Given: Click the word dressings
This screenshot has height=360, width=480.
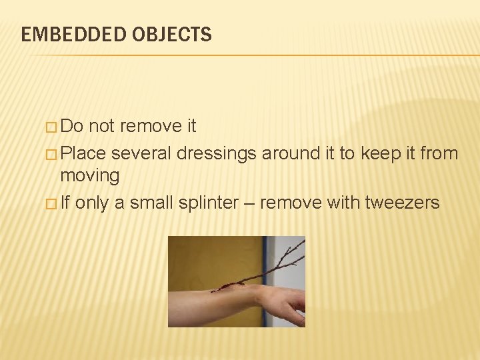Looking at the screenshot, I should tap(217, 154).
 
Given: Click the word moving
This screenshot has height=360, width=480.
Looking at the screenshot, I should tap(90, 176).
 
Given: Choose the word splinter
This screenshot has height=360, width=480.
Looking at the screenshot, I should tap(208, 202).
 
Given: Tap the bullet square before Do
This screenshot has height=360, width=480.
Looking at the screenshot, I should tap(53, 127).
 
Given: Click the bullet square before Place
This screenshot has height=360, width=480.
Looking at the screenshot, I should tap(53, 154).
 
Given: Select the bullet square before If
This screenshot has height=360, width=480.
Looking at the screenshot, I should tap(53, 203).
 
